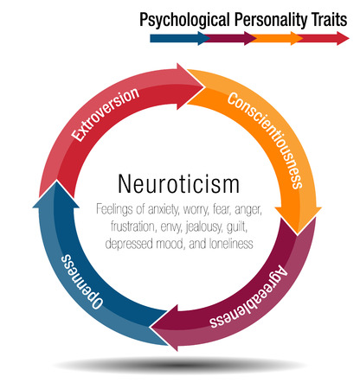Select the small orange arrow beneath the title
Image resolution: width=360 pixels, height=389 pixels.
[279, 38]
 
